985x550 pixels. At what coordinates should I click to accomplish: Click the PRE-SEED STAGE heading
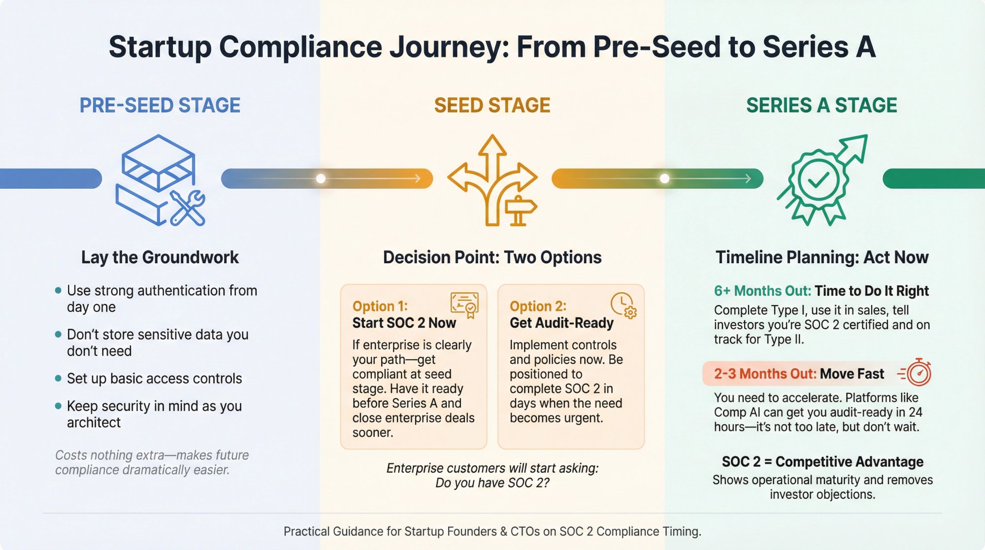(x=160, y=105)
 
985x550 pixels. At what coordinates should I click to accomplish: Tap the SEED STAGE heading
(x=492, y=105)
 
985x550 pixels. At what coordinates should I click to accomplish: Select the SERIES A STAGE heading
(x=821, y=105)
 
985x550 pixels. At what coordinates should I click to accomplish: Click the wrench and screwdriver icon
(x=188, y=208)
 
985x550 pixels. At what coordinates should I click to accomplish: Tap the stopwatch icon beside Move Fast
(x=919, y=373)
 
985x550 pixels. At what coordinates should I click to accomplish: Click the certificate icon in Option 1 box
(x=464, y=305)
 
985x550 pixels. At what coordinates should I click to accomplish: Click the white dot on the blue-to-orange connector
(x=321, y=178)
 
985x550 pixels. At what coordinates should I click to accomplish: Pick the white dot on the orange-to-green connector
(x=664, y=178)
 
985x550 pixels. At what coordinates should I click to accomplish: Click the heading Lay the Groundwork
(x=160, y=257)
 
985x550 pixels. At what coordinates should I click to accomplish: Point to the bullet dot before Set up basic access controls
(x=58, y=378)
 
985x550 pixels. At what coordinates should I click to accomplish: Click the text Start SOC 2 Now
(x=404, y=323)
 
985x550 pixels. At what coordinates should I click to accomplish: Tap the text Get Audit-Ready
(x=561, y=323)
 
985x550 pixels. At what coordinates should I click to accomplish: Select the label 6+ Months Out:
(x=762, y=291)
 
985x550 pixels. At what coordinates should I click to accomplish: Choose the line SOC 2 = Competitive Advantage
(x=822, y=462)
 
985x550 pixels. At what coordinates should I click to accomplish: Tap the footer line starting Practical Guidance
(x=492, y=531)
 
